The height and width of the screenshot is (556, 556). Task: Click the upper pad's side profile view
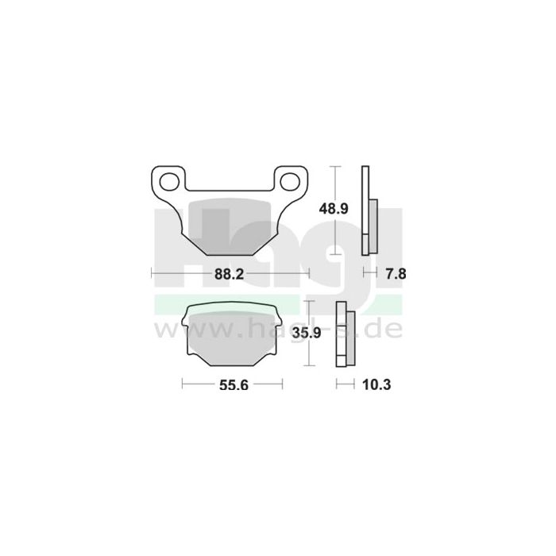366,210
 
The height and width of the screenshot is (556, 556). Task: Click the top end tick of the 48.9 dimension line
338,167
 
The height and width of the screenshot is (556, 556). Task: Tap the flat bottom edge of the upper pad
230,254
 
